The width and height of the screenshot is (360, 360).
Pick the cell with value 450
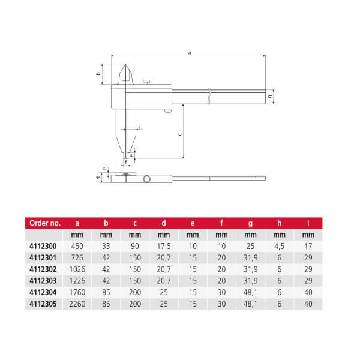77,245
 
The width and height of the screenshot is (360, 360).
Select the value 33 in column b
106,245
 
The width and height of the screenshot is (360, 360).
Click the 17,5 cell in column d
163,245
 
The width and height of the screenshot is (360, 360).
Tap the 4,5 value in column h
278,245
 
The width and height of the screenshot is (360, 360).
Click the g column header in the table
250,223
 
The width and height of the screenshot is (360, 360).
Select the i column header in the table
308,223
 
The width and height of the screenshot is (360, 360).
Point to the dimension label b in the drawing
98,74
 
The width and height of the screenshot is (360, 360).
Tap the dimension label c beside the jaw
181,134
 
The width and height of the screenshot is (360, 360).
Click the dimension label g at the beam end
271,96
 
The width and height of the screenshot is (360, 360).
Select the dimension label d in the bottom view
98,178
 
